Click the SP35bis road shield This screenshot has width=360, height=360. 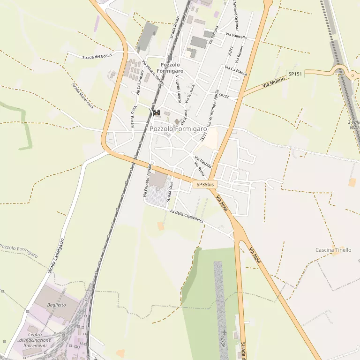(x=205, y=185)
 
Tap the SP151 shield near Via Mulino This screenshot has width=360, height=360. (x=295, y=74)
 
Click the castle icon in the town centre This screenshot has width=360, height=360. (x=156, y=112)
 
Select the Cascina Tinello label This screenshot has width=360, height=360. (x=333, y=250)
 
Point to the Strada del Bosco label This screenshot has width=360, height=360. (x=97, y=57)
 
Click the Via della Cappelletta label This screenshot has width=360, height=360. (x=187, y=217)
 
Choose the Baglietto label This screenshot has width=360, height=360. (x=57, y=305)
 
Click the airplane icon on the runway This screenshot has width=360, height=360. (x=224, y=332)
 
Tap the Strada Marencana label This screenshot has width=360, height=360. (x=82, y=96)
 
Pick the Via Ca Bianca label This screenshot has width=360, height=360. (x=236, y=70)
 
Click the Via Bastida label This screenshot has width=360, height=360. (x=203, y=162)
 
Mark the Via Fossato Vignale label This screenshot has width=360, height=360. (x=147, y=180)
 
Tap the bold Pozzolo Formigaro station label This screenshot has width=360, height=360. (x=170, y=67)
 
